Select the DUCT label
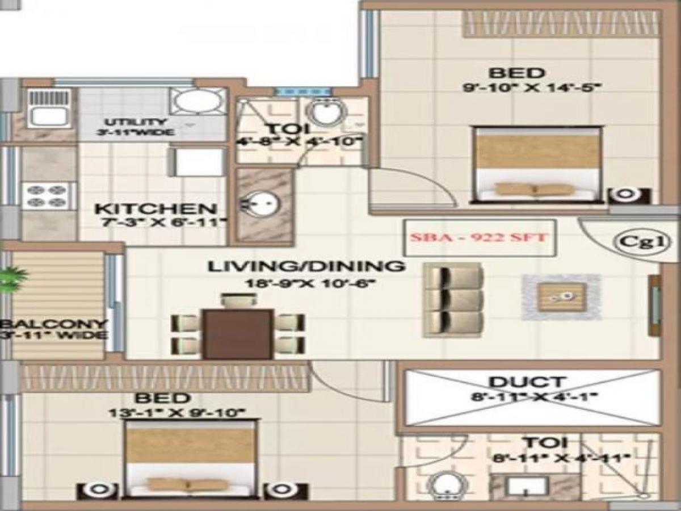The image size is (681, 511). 534,382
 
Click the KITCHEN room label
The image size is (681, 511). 155,210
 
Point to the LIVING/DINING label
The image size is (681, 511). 306,266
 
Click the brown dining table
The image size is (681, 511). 238,334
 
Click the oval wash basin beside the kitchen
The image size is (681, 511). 262,203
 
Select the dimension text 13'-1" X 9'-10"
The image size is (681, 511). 176,413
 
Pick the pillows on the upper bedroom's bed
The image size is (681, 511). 532,189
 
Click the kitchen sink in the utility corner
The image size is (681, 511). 48,116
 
